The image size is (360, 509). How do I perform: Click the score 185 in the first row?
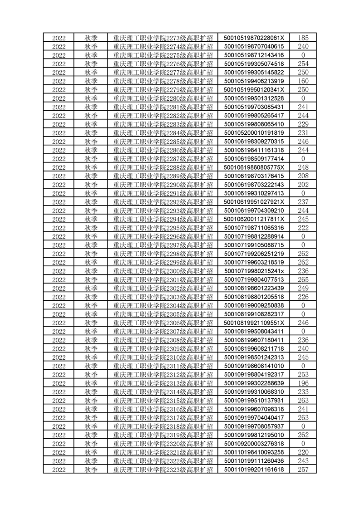(303, 38)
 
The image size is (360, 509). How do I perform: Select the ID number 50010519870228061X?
(254, 38)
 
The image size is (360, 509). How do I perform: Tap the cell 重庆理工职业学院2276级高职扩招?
(163, 64)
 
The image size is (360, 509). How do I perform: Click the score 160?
(303, 81)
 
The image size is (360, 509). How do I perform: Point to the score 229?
(303, 124)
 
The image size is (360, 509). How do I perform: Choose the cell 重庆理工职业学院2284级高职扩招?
(163, 133)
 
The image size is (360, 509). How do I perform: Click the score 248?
(303, 167)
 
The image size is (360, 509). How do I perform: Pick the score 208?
(303, 176)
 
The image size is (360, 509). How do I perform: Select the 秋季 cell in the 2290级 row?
(91, 185)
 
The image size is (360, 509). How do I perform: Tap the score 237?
(303, 202)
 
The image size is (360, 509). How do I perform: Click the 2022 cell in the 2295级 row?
(59, 228)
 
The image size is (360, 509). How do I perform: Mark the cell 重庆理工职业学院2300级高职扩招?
(163, 271)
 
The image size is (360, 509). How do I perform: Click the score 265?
(303, 279)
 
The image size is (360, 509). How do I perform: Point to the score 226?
(303, 297)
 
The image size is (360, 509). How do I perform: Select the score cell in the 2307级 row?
(303, 331)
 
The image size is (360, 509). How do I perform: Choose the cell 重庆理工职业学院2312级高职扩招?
(163, 374)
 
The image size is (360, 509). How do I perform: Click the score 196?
(303, 383)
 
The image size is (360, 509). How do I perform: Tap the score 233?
(303, 392)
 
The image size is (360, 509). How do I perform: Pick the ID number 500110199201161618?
(254, 469)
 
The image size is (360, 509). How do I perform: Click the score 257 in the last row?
(303, 469)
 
